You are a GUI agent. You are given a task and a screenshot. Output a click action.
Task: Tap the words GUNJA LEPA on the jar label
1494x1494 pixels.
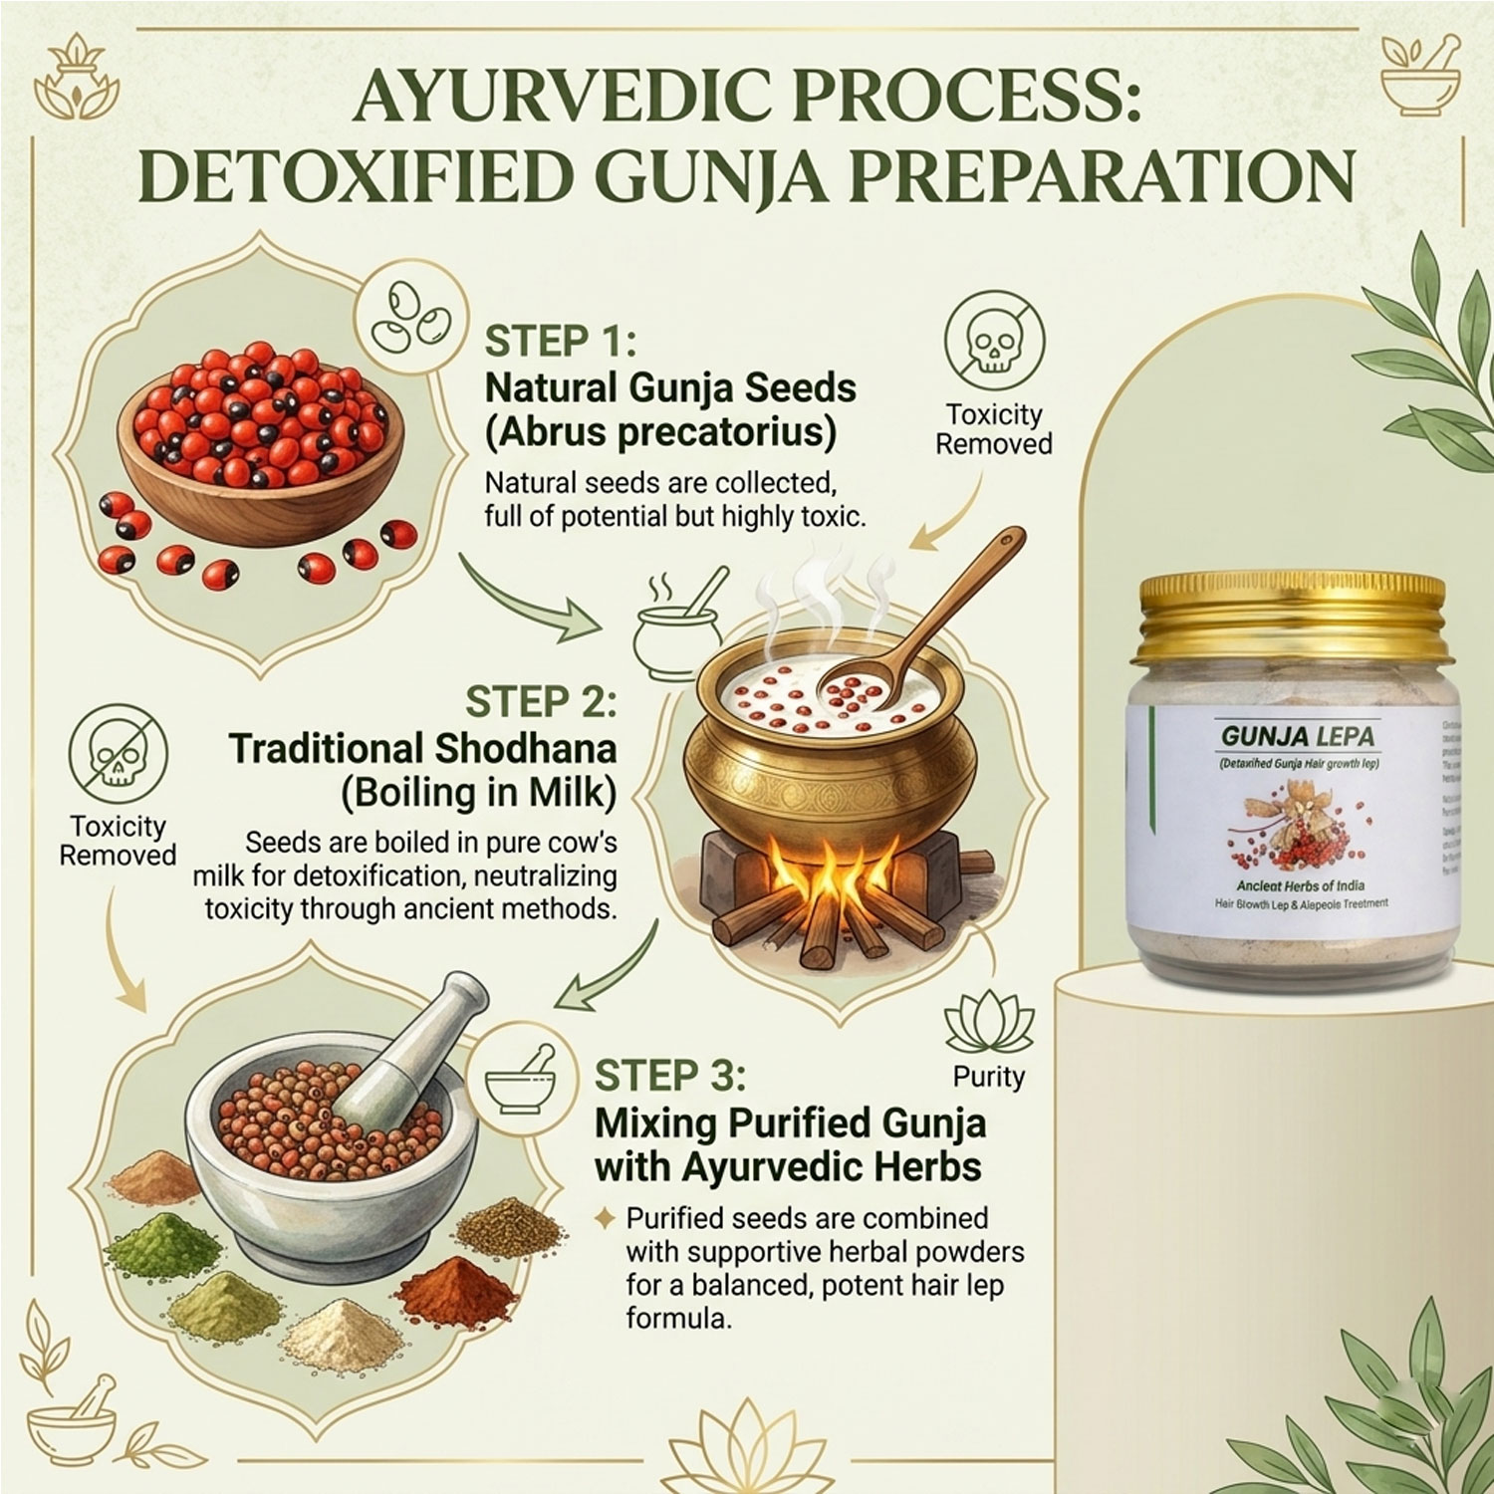(x=1298, y=737)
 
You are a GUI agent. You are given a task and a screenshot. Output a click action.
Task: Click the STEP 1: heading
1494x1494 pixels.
(x=560, y=342)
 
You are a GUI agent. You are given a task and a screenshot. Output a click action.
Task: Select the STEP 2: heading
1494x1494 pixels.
(x=541, y=701)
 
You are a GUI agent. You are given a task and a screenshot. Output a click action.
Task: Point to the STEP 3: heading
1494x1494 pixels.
(x=669, y=1076)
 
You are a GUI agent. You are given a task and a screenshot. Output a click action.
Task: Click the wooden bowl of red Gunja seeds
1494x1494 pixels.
(x=261, y=438)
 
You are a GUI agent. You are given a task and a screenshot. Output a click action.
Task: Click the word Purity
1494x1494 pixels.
(x=989, y=1077)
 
